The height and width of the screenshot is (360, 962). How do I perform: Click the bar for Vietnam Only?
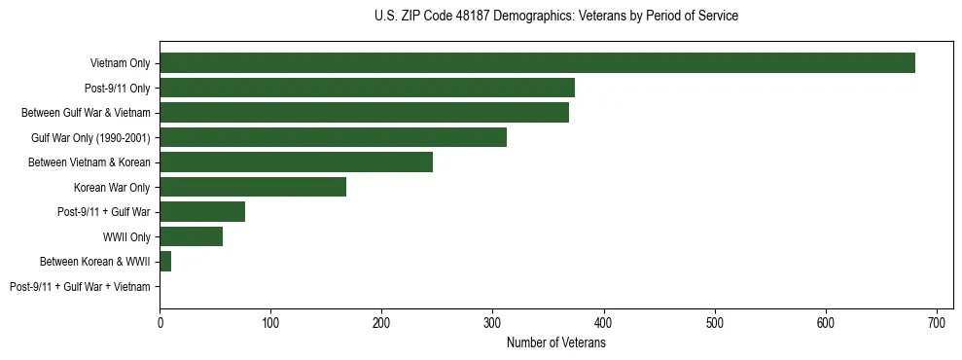[x=537, y=63]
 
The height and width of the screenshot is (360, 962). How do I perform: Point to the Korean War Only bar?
[x=253, y=187]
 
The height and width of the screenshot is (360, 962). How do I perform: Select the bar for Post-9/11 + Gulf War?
[x=202, y=212]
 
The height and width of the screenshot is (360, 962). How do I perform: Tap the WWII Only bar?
[x=191, y=236]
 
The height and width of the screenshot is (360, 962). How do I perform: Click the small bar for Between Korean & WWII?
[x=165, y=262]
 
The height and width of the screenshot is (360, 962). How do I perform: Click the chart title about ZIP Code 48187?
[x=555, y=17]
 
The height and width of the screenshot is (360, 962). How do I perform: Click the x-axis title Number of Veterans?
[x=555, y=343]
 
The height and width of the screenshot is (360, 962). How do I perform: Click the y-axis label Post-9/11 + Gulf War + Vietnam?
[x=80, y=287]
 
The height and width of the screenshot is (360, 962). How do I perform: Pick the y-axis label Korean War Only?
[x=112, y=187]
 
